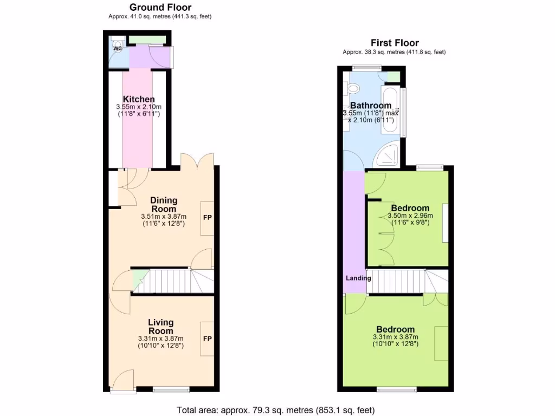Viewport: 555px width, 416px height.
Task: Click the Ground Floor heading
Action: (x=160, y=8)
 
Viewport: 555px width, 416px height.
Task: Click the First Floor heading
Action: (x=394, y=43)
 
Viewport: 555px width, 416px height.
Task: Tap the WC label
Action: (x=117, y=49)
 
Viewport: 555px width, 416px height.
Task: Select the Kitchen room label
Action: (x=139, y=99)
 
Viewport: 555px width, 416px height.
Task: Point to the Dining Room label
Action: (x=163, y=205)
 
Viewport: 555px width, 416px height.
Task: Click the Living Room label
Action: (x=160, y=327)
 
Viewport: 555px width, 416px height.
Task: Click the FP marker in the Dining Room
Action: (x=207, y=218)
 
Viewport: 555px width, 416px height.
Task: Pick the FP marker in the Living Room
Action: (x=207, y=339)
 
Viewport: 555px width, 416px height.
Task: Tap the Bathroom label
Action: (x=370, y=105)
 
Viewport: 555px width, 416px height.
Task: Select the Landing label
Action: (x=358, y=278)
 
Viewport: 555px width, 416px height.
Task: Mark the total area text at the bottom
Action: (x=276, y=409)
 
